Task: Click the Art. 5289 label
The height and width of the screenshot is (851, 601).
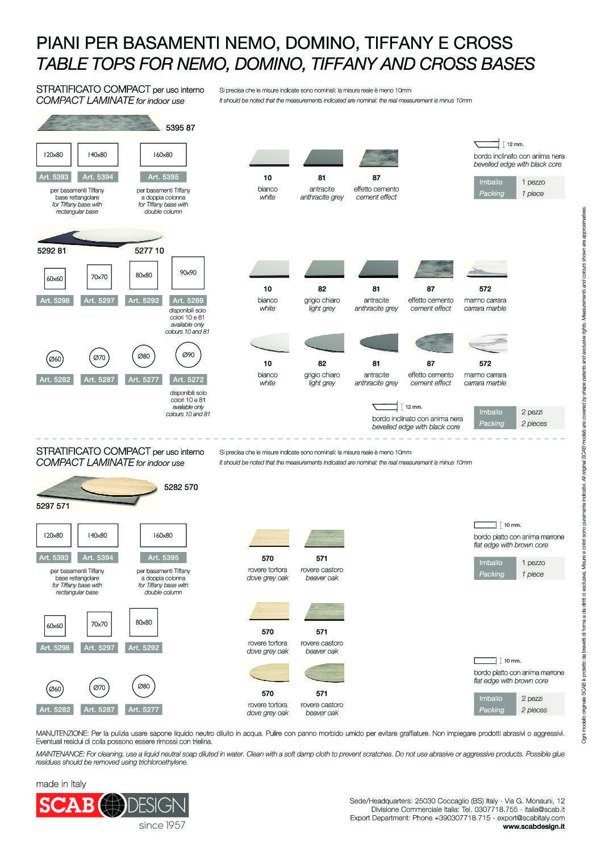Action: [x=188, y=301]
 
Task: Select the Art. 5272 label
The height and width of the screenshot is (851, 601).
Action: [x=188, y=380]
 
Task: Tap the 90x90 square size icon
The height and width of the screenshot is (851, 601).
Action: [x=188, y=273]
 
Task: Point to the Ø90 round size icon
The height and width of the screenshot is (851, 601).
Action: [x=189, y=355]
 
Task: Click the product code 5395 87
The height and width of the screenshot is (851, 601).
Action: [x=180, y=128]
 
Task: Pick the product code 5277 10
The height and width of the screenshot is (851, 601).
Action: [x=149, y=251]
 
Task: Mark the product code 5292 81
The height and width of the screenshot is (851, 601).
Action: [x=52, y=251]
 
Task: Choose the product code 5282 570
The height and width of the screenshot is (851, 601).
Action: [x=181, y=487]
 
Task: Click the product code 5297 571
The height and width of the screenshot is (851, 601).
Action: [x=53, y=506]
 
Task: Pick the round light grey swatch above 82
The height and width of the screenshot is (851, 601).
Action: [x=324, y=343]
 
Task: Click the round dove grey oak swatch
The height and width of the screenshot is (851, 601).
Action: [x=269, y=672]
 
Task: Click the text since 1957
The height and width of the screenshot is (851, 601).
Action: [x=162, y=825]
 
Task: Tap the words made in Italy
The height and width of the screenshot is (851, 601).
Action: [x=61, y=784]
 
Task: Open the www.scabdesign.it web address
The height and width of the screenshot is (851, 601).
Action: [x=533, y=827]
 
